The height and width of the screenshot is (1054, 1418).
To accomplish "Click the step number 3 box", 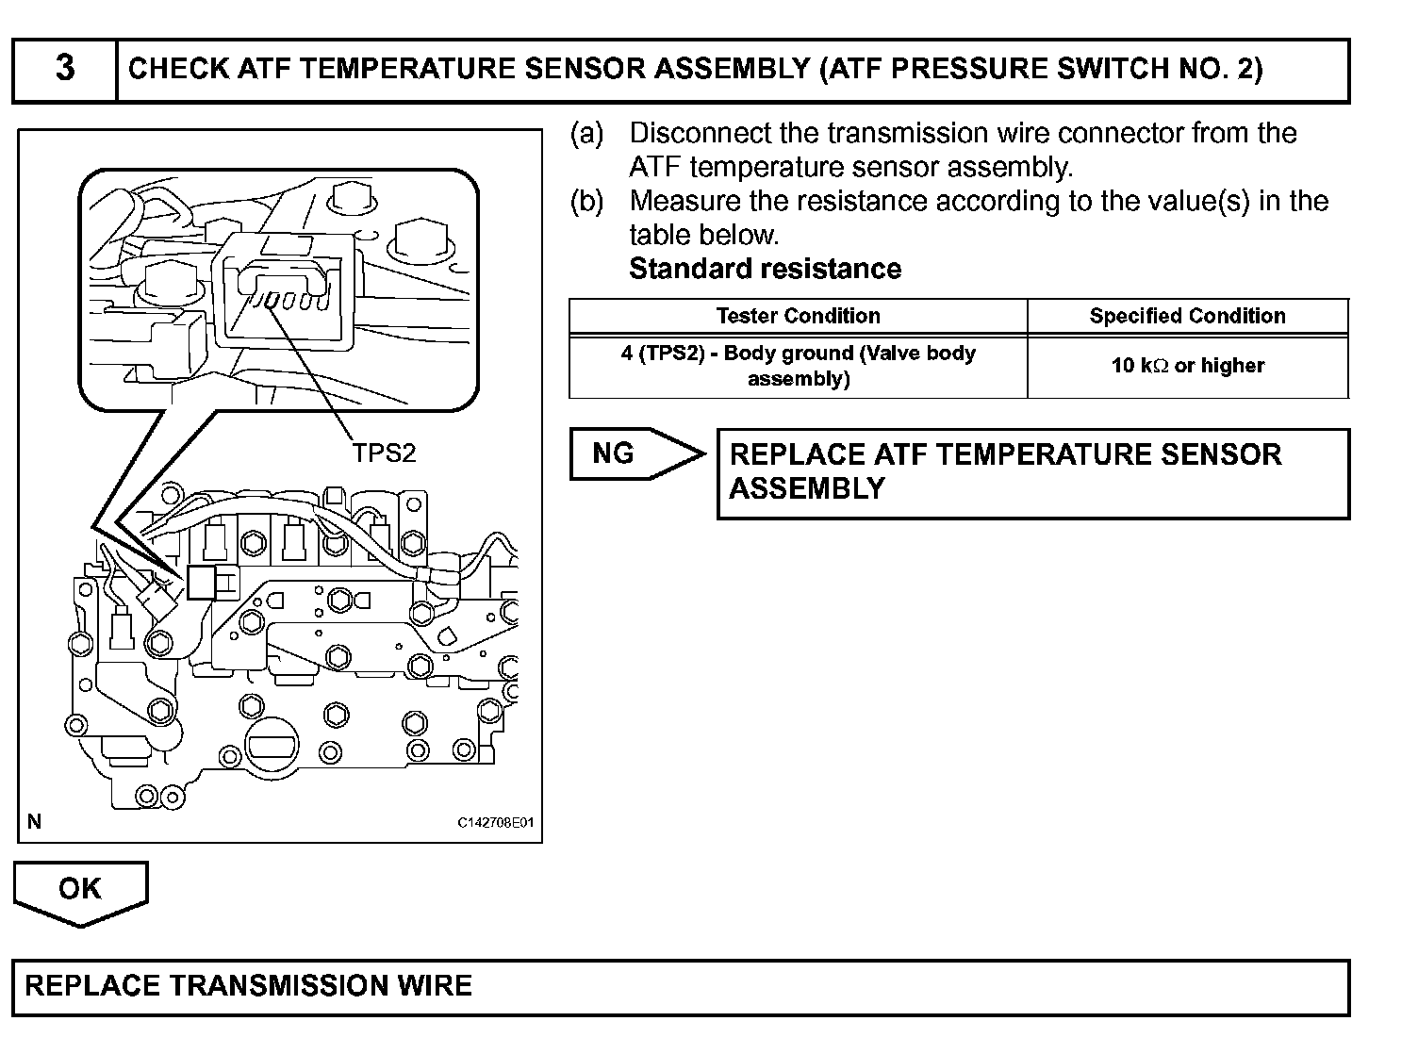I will click(64, 69).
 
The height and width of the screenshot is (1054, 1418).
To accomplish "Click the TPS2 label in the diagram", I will click(384, 453).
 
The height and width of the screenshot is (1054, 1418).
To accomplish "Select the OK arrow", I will click(80, 890).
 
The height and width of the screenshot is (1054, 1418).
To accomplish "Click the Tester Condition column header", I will click(798, 316).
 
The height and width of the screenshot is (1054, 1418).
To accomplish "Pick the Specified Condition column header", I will click(1187, 316).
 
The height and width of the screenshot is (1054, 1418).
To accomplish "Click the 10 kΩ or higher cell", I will click(1187, 366).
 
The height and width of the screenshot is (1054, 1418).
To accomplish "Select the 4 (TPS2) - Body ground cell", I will click(798, 366).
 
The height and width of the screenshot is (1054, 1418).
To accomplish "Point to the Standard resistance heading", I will click(765, 269).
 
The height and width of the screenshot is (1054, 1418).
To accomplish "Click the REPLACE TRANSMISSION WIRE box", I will click(681, 987).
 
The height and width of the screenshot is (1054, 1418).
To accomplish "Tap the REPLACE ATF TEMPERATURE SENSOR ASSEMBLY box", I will click(1032, 472).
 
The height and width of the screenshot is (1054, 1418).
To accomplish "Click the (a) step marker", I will click(586, 133).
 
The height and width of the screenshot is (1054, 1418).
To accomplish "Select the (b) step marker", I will click(586, 201).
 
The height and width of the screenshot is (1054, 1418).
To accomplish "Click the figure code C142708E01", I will click(496, 822).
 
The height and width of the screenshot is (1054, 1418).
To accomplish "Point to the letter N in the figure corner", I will click(35, 821).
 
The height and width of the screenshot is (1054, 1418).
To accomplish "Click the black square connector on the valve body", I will click(201, 583).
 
